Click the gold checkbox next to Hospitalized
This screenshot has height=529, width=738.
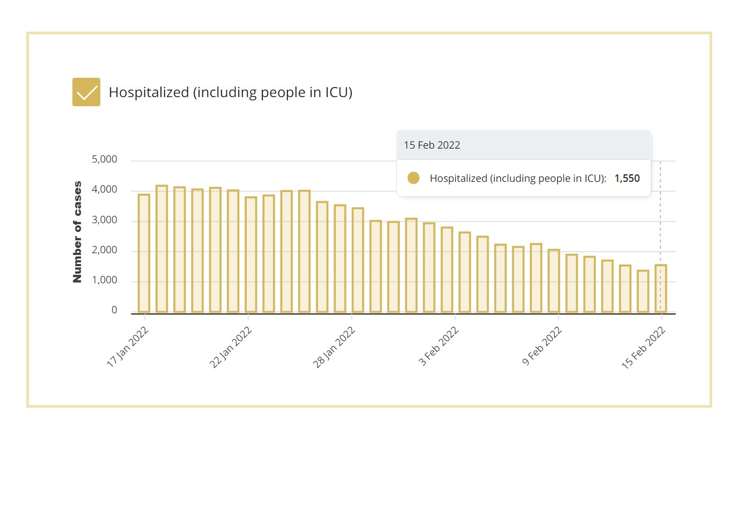[x=86, y=92]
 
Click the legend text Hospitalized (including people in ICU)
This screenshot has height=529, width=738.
[x=230, y=92]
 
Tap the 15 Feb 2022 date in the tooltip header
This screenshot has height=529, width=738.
[x=432, y=145]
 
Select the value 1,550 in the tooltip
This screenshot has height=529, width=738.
[x=627, y=178]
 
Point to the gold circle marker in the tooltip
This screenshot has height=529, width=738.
[x=413, y=178]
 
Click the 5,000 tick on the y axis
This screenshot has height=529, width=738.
[x=104, y=159]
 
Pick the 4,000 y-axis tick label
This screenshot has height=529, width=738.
[x=104, y=189]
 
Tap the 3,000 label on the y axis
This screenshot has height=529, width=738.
[x=104, y=220]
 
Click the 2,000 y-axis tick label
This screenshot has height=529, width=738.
[x=104, y=250]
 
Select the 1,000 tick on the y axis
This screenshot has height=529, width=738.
[x=104, y=280]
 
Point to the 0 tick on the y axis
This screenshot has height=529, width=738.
[x=114, y=310]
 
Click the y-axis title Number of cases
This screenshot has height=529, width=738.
[x=78, y=232]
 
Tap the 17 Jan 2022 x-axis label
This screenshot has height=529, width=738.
[x=128, y=347]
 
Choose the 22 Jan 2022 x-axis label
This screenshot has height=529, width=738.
[x=231, y=347]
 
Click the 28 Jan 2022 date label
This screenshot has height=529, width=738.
[x=334, y=347]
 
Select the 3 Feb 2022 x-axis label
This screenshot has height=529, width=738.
[x=438, y=346]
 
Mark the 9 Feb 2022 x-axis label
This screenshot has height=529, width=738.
[x=542, y=346]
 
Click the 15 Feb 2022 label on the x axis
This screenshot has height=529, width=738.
[x=644, y=347]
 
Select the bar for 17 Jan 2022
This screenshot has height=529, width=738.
[x=144, y=253]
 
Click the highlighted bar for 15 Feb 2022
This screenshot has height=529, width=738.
[x=661, y=289]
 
